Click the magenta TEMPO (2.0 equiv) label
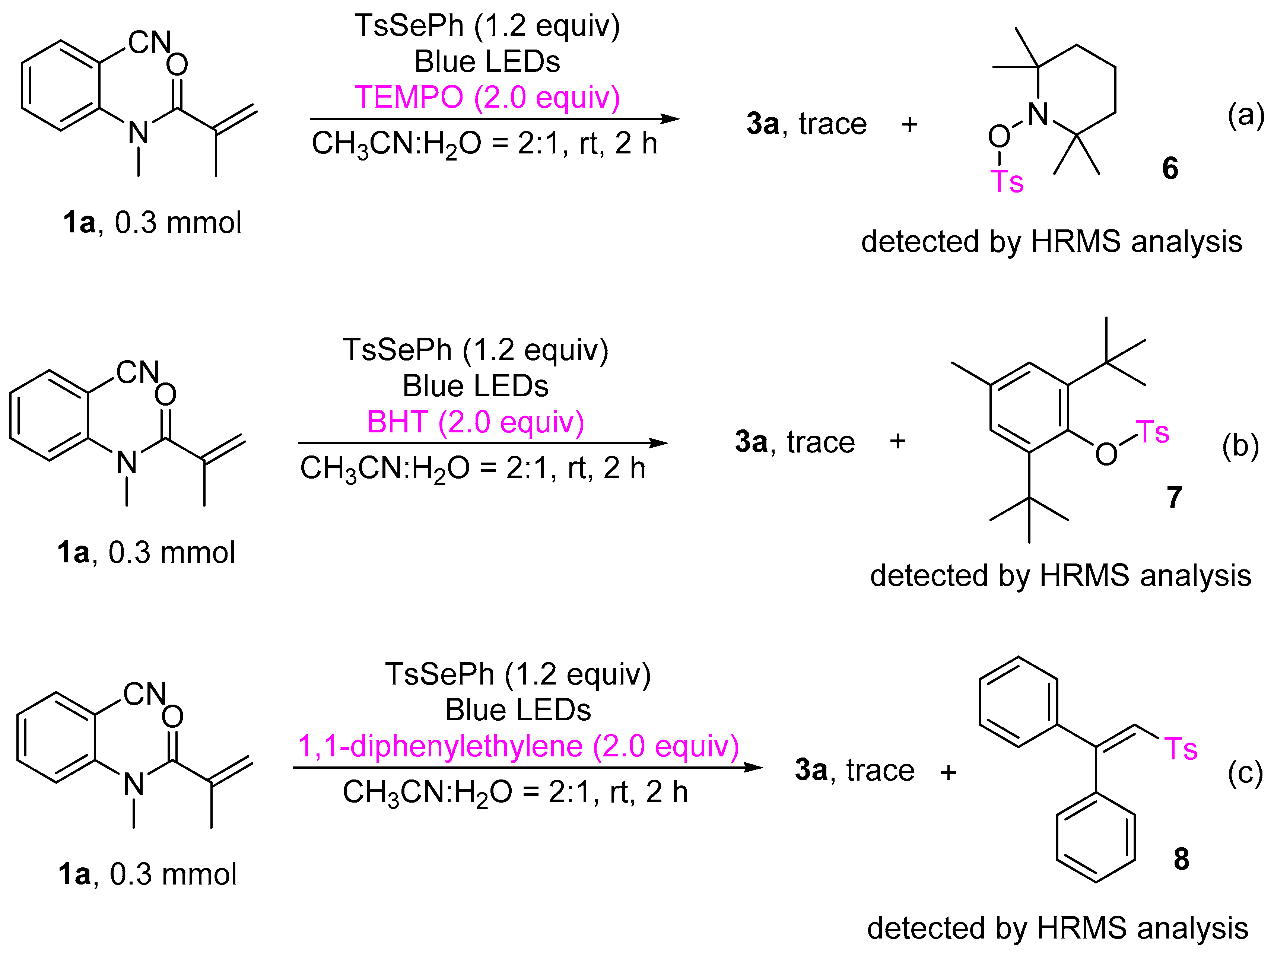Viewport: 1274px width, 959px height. pos(487,97)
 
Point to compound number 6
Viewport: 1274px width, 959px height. pos(1170,168)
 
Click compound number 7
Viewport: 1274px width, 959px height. pos(1174,496)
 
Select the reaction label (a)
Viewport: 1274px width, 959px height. pos(1245,115)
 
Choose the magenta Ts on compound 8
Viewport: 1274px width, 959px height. pos(1181,749)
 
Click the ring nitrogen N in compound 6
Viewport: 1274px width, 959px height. pos(1038,114)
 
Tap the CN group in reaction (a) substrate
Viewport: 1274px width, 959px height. pos(149,42)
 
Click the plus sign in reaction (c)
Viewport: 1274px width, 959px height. pos(948,772)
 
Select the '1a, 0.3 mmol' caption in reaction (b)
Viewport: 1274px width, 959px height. pos(146,552)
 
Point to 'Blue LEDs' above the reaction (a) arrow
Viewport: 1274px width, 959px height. pos(487,61)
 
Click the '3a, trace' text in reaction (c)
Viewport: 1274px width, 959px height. pos(854,770)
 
